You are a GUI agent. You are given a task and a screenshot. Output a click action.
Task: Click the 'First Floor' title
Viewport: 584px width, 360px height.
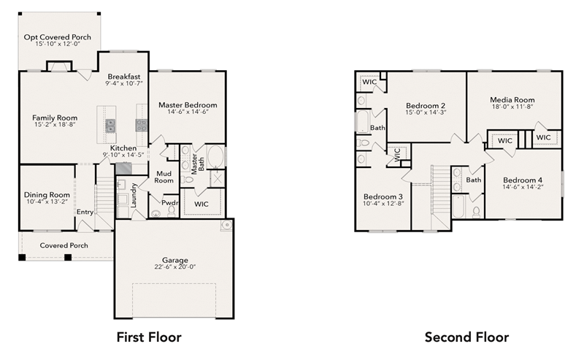click(149, 337)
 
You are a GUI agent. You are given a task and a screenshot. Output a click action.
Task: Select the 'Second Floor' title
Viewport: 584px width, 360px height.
click(466, 337)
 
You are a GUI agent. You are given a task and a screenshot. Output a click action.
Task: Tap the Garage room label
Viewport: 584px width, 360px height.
click(174, 260)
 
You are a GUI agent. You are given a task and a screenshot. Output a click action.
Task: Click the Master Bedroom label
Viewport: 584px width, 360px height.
click(188, 105)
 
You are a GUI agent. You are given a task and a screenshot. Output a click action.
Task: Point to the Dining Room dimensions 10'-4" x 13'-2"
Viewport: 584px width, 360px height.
click(47, 202)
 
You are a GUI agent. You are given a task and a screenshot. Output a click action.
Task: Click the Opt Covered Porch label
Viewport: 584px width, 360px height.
click(58, 37)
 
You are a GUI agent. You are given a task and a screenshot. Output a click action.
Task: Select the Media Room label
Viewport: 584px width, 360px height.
click(512, 100)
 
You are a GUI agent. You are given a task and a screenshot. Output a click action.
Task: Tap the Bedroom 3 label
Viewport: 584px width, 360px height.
click(383, 196)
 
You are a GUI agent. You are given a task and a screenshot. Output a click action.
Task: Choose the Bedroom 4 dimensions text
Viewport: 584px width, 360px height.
click(523, 187)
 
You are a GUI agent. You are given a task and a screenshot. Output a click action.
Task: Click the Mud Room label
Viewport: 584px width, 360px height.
click(164, 177)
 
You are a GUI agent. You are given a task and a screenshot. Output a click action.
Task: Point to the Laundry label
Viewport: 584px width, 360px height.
click(134, 195)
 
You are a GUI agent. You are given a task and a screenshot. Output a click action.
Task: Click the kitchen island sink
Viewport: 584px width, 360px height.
click(110, 126)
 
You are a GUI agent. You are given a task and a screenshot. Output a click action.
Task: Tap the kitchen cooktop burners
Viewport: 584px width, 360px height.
click(142, 125)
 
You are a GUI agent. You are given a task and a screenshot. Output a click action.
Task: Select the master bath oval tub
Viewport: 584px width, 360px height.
click(215, 156)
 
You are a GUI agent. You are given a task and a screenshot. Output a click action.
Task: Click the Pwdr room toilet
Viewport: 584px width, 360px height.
click(172, 211)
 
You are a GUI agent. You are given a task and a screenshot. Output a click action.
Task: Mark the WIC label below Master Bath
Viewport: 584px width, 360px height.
click(201, 204)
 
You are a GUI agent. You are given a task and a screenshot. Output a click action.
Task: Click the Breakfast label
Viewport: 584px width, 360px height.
click(124, 77)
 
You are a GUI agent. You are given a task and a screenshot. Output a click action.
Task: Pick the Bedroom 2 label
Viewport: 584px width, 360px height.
click(426, 105)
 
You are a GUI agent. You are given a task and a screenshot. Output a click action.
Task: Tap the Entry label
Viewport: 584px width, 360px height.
click(85, 212)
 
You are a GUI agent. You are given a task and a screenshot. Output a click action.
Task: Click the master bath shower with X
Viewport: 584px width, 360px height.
click(218, 179)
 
